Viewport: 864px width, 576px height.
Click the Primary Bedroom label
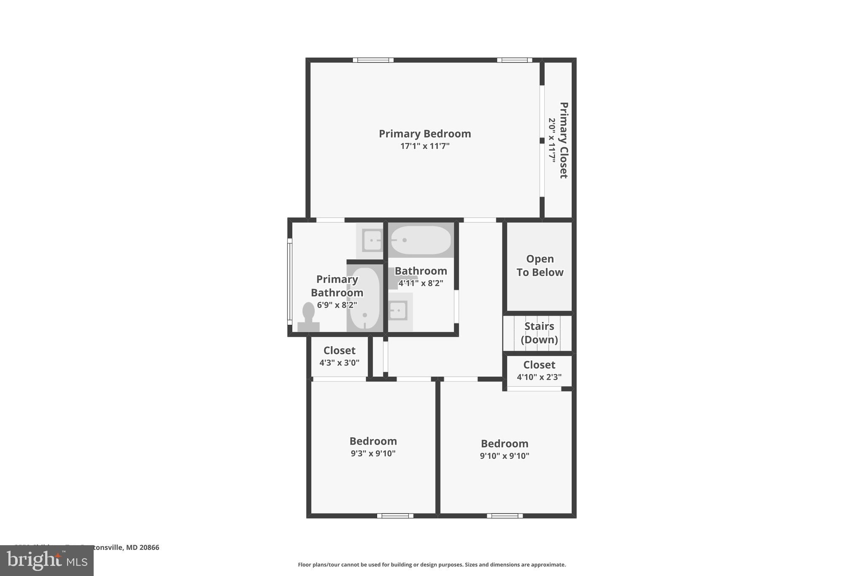pos(424,134)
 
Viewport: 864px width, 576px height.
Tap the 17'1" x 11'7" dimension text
pos(424,146)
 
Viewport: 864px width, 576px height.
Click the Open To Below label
pos(540,265)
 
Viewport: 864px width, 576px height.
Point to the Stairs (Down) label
pos(539,333)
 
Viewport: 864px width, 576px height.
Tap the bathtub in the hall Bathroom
pos(421,240)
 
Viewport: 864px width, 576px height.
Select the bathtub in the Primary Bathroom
pos(364,298)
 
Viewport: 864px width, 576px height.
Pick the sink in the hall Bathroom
pos(397,311)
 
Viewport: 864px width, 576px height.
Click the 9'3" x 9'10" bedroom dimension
pos(373,454)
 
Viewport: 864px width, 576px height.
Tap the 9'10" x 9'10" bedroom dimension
pos(504,456)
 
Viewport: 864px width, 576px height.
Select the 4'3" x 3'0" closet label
pos(339,362)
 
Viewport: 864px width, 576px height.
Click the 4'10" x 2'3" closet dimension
pos(539,377)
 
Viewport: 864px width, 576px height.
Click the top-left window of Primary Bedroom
pos(373,60)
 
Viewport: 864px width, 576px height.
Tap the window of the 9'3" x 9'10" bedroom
pos(395,516)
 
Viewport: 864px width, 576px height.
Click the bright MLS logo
pos(47,560)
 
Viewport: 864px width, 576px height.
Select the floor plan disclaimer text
pos(432,565)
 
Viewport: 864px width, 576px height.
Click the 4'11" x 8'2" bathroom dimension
pos(421,283)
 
